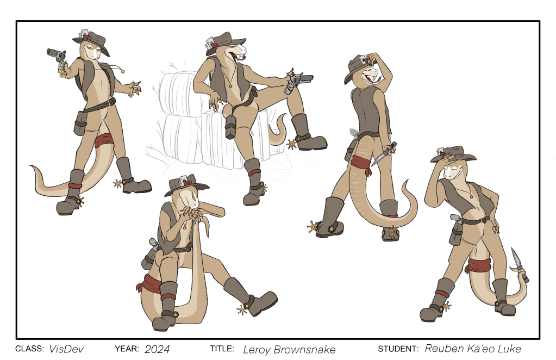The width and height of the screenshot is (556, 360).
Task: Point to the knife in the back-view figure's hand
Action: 384,154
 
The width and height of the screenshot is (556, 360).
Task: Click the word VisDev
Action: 66,349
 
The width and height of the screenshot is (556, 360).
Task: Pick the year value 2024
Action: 157,349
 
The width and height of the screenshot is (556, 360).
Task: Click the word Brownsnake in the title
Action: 304,350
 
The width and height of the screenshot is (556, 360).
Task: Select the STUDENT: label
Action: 398,349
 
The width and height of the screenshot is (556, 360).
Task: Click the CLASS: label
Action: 29,349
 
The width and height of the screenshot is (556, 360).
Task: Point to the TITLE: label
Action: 222,349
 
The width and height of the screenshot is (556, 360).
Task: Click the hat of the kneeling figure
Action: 186,185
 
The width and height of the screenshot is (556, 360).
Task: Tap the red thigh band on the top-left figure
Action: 104,140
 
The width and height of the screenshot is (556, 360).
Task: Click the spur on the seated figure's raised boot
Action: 292,144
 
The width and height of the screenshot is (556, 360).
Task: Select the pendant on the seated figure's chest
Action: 230,85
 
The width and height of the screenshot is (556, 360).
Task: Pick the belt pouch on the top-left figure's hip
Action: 80,123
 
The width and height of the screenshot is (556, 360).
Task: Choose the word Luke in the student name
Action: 509,348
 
